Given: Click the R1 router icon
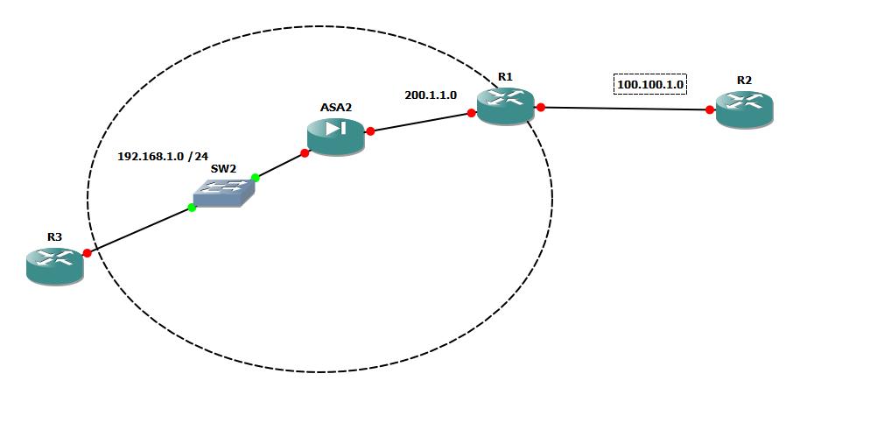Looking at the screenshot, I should click(505, 106).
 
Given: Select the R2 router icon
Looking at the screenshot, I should click(744, 110).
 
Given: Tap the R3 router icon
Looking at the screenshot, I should click(54, 265).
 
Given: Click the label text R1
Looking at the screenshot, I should click(505, 77).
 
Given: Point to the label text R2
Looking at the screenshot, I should click(744, 80).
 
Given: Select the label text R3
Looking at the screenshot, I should click(54, 236).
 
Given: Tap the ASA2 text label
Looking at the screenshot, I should click(336, 107).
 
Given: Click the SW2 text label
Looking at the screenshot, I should click(222, 167).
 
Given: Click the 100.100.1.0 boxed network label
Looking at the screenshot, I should click(650, 85).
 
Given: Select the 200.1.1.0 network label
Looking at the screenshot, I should click(431, 95).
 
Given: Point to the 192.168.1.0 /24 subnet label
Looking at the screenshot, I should click(163, 157).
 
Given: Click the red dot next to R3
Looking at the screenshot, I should click(88, 253).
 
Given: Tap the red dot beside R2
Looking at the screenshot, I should click(710, 109).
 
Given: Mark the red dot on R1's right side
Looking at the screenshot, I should click(541, 107).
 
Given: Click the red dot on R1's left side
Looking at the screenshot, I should click(472, 113).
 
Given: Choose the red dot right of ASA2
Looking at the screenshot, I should click(370, 131).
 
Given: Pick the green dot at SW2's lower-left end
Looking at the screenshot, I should click(192, 208).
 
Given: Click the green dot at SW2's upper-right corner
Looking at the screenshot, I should click(256, 178).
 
